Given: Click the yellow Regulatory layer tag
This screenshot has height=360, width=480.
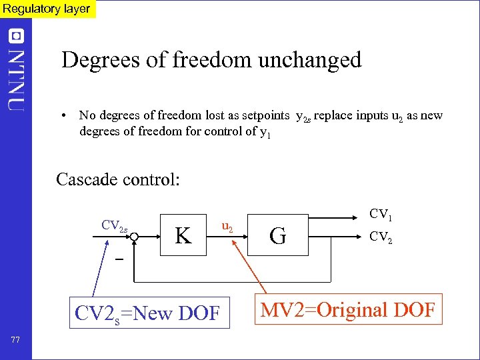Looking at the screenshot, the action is click(47, 9).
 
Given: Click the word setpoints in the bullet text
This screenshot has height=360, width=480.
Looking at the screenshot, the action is click(267, 115).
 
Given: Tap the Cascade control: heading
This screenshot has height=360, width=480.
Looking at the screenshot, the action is click(118, 179).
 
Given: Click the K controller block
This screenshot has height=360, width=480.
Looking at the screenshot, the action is click(184, 235).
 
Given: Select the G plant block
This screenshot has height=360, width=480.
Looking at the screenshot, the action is click(279, 235).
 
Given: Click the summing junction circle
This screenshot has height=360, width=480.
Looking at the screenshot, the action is click(133, 235).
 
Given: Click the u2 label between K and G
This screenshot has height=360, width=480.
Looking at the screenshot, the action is click(227, 227).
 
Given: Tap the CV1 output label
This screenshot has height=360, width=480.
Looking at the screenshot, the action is click(381, 214).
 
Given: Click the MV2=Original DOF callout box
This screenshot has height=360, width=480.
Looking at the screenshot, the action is click(347, 309).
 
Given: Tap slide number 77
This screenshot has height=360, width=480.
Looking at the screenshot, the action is click(16, 340).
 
